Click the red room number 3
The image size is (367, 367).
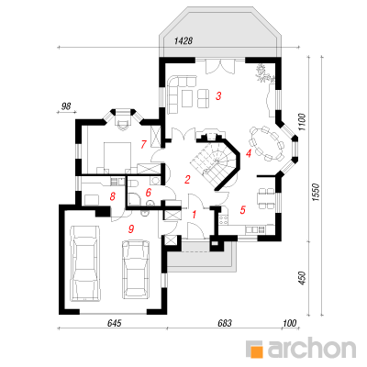click(218, 96)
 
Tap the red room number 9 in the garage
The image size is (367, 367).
click(131, 228)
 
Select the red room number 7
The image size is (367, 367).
click(144, 144)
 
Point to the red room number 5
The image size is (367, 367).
click(243, 210)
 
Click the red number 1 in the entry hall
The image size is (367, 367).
click(194, 215)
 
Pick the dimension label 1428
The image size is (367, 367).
click(183, 41)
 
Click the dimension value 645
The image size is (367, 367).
click(115, 323)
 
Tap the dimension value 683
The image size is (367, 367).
click(225, 323)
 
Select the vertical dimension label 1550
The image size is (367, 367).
click(316, 193)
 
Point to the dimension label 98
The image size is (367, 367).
click(66, 106)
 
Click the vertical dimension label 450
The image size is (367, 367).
click(302, 278)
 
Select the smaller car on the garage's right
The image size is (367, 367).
click(136, 269)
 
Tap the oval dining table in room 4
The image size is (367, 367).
click(265, 143)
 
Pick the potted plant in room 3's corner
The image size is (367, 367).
click(263, 73)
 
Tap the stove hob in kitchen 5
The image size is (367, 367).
click(223, 219)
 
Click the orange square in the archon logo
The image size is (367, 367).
click(257, 351)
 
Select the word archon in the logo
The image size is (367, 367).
click(312, 347)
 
